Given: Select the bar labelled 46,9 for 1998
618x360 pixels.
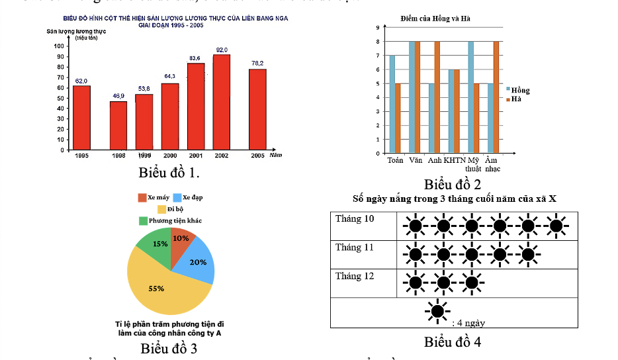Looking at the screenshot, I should coord(118,125).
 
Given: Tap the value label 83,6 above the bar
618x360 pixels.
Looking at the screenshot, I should coord(195,58).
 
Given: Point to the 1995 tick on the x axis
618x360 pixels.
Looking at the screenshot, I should coord(82,156).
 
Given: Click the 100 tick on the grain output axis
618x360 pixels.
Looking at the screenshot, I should coord(60,46).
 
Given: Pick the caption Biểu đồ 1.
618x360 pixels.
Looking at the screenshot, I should coord(169,173).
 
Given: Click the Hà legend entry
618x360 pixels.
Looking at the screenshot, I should coord(515,99).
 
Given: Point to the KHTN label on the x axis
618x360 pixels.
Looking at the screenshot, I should coord(455,160).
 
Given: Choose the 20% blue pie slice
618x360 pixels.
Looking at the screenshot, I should coord(197,261).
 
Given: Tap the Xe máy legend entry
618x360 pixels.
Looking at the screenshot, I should coord(153,198).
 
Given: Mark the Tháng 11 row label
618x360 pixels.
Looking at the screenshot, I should coord(355,247).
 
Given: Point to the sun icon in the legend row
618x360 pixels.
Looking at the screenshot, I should coord(437,311).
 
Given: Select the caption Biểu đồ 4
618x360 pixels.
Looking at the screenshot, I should coord(453,342).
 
